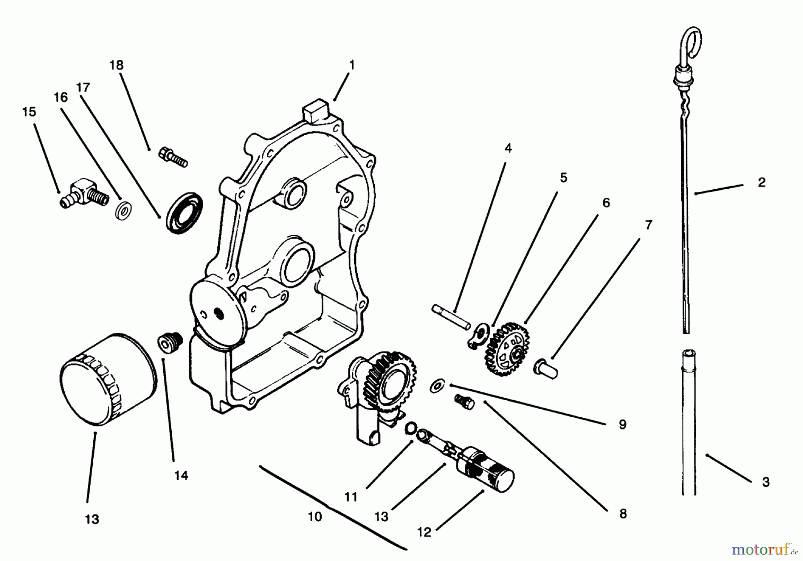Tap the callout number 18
click(116, 65)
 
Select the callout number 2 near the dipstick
click(762, 182)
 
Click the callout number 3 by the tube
click(766, 482)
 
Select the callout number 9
click(622, 424)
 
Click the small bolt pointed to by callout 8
click(464, 400)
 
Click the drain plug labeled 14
click(169, 343)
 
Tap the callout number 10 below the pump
click(315, 517)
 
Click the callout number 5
click(563, 178)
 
